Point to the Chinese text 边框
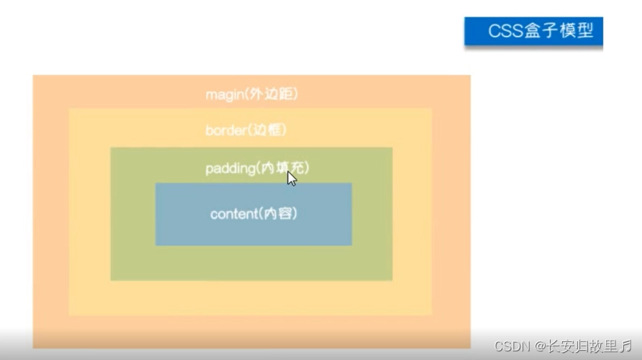[268, 130]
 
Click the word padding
[230, 168]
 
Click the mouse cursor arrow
[291, 178]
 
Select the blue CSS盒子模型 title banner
[533, 32]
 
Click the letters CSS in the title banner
[503, 32]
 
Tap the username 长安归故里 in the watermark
[582, 346]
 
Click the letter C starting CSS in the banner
[494, 32]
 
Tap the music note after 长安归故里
[627, 346]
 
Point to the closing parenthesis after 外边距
[296, 94]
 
